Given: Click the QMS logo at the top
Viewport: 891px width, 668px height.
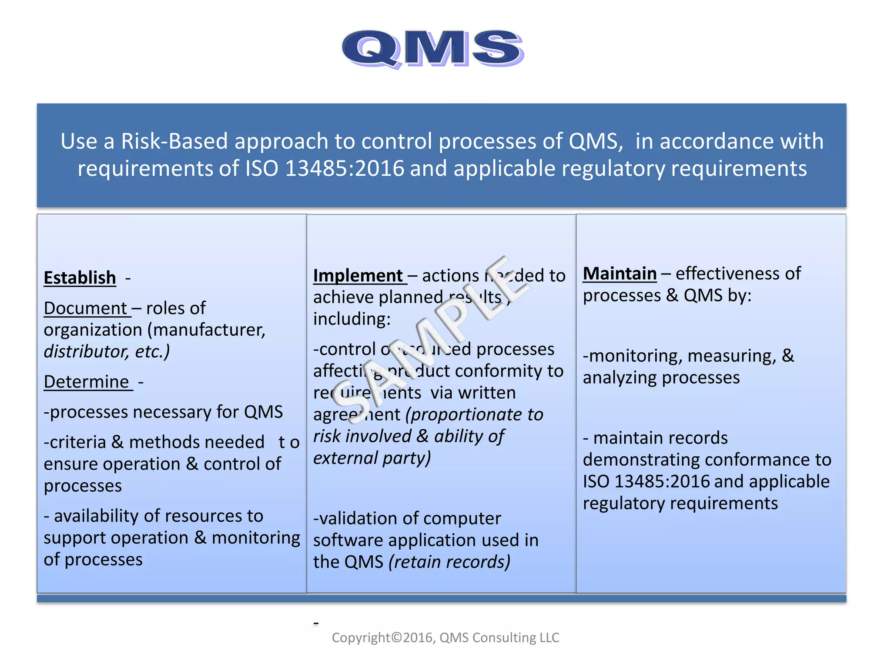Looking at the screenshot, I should click(x=433, y=49).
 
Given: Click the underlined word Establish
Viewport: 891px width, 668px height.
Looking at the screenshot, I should click(x=80, y=278).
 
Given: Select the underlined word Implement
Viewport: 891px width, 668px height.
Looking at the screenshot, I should click(x=358, y=276).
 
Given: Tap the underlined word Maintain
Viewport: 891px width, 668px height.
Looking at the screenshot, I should click(x=620, y=274).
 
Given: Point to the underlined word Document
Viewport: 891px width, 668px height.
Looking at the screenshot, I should click(x=85, y=308).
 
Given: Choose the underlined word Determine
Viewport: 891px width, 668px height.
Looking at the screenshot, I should click(x=87, y=382).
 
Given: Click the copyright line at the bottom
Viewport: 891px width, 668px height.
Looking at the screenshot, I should click(x=445, y=638).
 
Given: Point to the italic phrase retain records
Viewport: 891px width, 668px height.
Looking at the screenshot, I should click(x=449, y=562).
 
